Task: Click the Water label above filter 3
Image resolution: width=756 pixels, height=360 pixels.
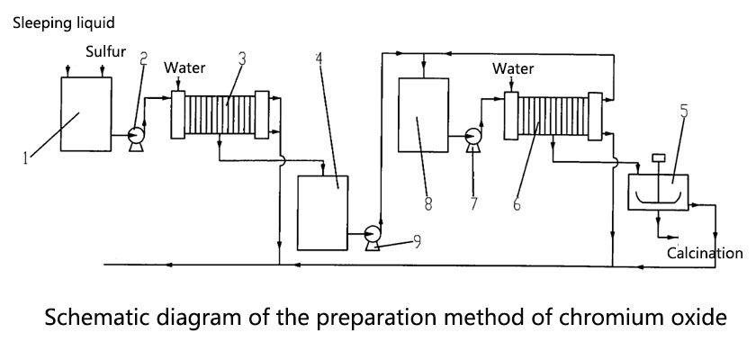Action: point(184,67)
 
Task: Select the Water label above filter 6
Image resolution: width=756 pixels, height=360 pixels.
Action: point(513,68)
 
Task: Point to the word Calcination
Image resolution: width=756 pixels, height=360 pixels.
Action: point(705,253)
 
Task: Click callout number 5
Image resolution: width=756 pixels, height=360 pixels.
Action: point(684,112)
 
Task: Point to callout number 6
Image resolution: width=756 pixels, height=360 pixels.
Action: point(517,204)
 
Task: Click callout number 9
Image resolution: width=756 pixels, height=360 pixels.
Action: point(415,239)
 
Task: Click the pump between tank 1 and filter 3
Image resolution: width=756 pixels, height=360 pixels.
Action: point(137,136)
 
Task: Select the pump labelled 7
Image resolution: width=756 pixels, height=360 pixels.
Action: point(471,137)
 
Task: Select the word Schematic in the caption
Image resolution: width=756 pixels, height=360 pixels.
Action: point(93,318)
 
